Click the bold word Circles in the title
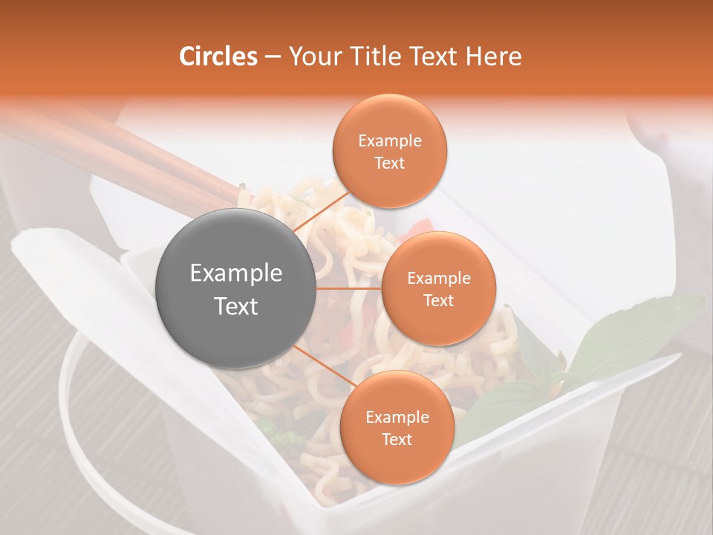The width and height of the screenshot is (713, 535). (218, 56)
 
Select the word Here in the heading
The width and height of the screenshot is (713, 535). (492, 56)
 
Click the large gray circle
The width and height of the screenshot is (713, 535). (235, 289)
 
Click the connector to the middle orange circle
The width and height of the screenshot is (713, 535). (348, 288)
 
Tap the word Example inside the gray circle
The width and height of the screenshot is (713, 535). (235, 273)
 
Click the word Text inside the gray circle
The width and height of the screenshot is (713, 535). (235, 306)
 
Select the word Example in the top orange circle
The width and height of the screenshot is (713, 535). (389, 141)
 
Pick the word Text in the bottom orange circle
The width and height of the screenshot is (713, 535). (397, 439)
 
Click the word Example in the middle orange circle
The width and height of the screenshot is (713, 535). (438, 279)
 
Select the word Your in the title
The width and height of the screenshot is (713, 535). (313, 56)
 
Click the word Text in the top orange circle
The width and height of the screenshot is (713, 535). (389, 163)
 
